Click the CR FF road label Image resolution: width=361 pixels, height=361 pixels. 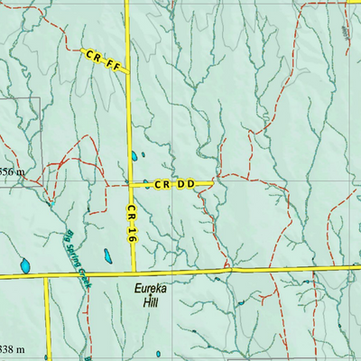click(x=102, y=60)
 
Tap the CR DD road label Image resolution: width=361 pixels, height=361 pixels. click(x=174, y=184)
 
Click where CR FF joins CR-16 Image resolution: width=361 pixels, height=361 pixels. click(x=127, y=70)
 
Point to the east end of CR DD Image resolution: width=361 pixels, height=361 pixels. click(x=213, y=183)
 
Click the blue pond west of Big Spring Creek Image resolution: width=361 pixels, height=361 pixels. click(x=25, y=267)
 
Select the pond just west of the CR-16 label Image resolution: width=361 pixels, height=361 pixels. click(x=107, y=256)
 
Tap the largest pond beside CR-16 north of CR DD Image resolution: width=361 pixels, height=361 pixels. click(x=134, y=155)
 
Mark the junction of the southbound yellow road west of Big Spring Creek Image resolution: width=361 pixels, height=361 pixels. click(x=46, y=275)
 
